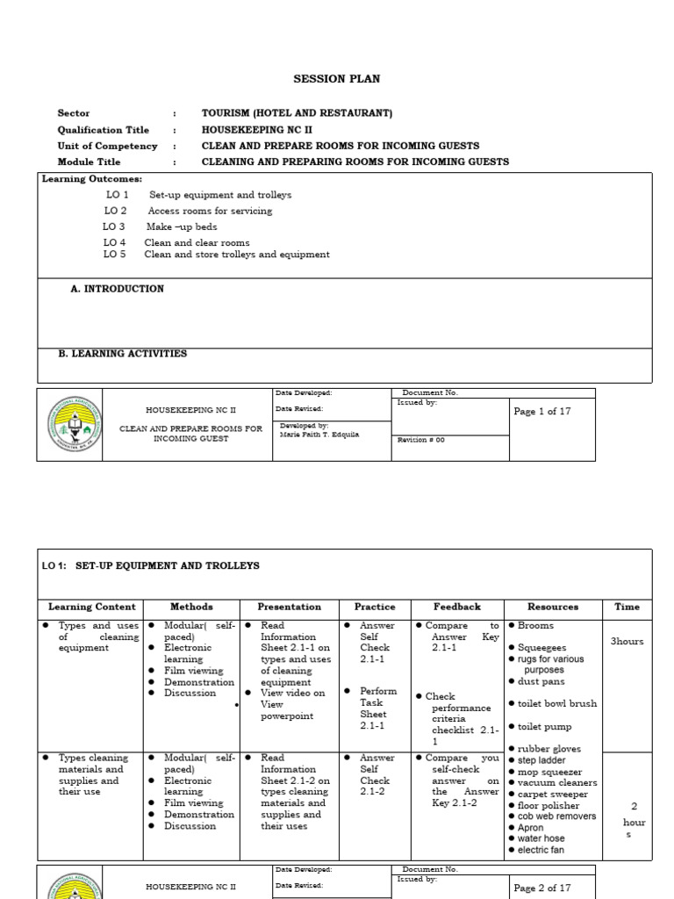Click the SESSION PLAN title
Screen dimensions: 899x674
336,79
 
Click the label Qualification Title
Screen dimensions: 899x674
103,130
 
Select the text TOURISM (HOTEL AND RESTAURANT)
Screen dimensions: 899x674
297,113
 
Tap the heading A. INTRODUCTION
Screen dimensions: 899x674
117,289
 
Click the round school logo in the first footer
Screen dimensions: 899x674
69,425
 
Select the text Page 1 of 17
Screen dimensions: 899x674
541,412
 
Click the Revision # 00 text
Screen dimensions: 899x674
421,440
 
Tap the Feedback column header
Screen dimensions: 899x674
457,607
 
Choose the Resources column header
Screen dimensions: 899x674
553,607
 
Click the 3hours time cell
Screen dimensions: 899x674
627,642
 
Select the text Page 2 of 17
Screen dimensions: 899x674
541,888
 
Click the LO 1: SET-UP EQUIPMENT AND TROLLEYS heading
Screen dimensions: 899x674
151,566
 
